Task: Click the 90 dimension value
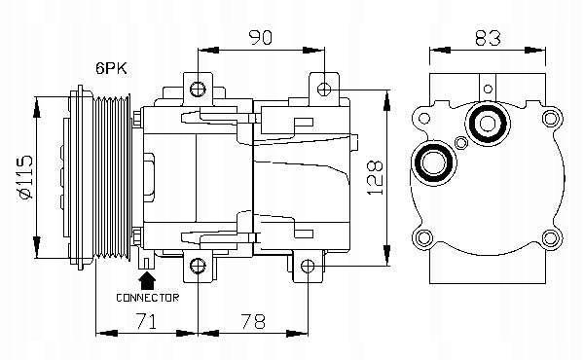point(261,38)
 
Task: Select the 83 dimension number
point(488,38)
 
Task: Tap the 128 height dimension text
point(376,178)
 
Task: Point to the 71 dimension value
point(146,321)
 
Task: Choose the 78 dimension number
point(253,321)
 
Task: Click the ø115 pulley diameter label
point(25,177)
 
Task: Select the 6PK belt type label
point(111,68)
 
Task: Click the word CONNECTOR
point(148,298)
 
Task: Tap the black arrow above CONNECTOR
point(148,281)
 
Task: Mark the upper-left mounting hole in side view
point(198,89)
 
